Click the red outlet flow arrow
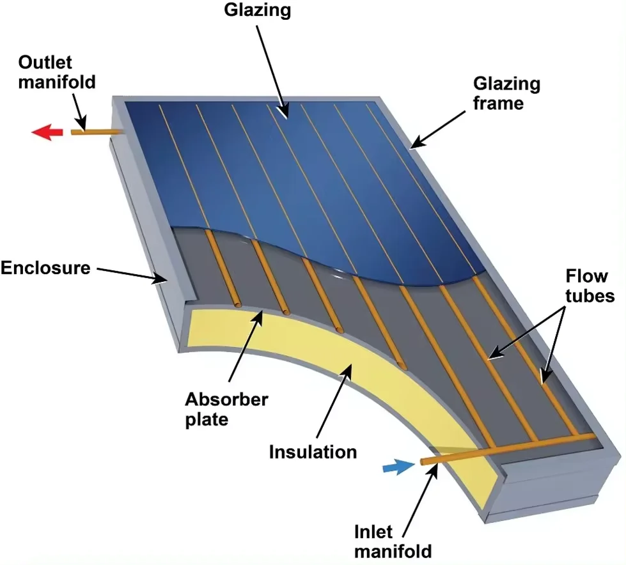(47, 132)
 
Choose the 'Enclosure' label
(45, 268)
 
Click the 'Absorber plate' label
(226, 408)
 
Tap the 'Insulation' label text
(313, 451)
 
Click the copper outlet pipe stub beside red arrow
(96, 132)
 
